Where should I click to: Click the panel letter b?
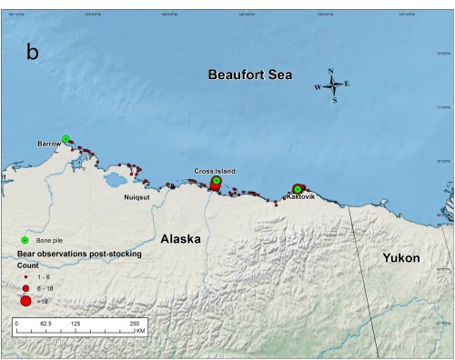click(x=33, y=52)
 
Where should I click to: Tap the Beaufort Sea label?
click(x=248, y=75)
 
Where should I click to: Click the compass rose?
click(x=333, y=86)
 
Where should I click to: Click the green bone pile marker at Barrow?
click(x=66, y=139)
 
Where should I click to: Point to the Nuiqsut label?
click(x=139, y=195)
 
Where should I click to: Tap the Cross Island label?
click(x=215, y=170)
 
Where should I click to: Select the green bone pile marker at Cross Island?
click(x=216, y=181)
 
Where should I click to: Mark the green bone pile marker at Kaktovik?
click(x=298, y=189)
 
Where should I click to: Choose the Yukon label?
click(x=400, y=258)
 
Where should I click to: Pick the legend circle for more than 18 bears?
click(x=25, y=301)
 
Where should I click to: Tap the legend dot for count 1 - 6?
click(x=25, y=275)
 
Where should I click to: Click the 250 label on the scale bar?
click(x=135, y=323)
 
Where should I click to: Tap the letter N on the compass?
click(x=331, y=71)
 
